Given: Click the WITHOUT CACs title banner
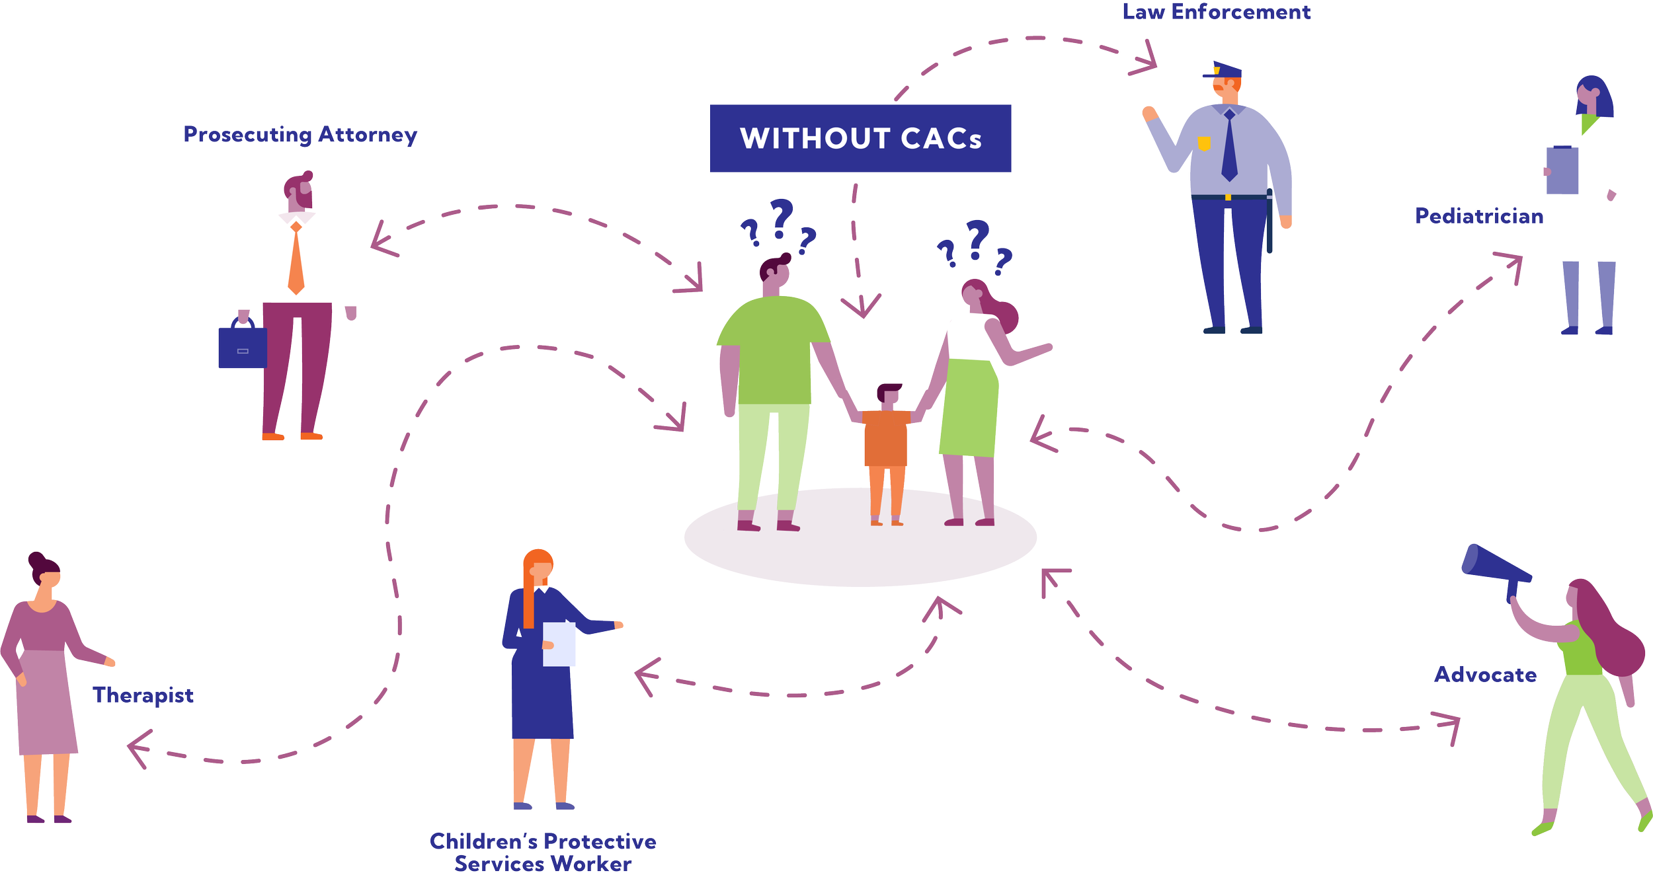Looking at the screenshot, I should [x=860, y=139].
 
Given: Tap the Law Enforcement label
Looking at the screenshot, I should [x=1216, y=12].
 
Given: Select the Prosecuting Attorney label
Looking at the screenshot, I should [x=300, y=135].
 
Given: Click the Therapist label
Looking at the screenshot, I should [x=143, y=695].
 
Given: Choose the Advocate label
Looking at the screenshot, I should [x=1485, y=675].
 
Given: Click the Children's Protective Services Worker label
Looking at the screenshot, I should [x=543, y=853].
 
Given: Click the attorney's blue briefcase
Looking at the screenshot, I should [x=242, y=346].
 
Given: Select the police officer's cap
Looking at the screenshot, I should [x=1225, y=70].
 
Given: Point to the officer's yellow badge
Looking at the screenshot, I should [x=1204, y=143].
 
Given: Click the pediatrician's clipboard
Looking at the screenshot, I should [x=1562, y=170].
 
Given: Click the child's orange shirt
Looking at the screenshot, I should [x=885, y=438].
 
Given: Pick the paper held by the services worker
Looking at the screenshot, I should [x=559, y=644].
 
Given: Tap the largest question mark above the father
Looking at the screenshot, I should [x=781, y=217].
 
